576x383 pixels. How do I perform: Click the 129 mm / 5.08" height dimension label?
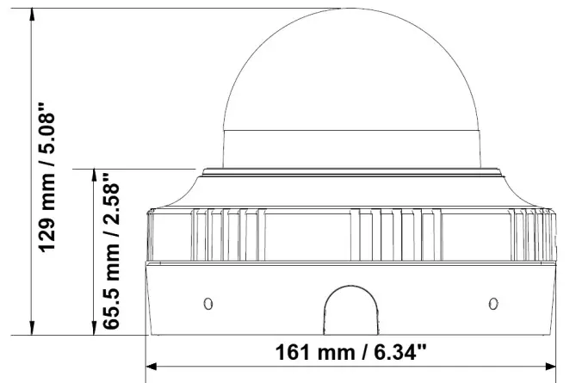47,177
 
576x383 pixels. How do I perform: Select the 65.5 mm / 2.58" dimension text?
111,250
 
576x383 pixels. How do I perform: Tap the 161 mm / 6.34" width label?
351,352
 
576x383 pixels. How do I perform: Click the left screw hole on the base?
208,304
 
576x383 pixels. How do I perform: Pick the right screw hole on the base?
493,304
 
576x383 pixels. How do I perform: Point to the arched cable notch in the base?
350,287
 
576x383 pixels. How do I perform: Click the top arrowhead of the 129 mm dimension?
32,14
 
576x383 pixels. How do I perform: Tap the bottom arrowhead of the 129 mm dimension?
32,328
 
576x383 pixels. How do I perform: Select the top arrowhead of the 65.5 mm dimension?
94,176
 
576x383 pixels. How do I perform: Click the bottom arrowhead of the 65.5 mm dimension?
94,328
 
